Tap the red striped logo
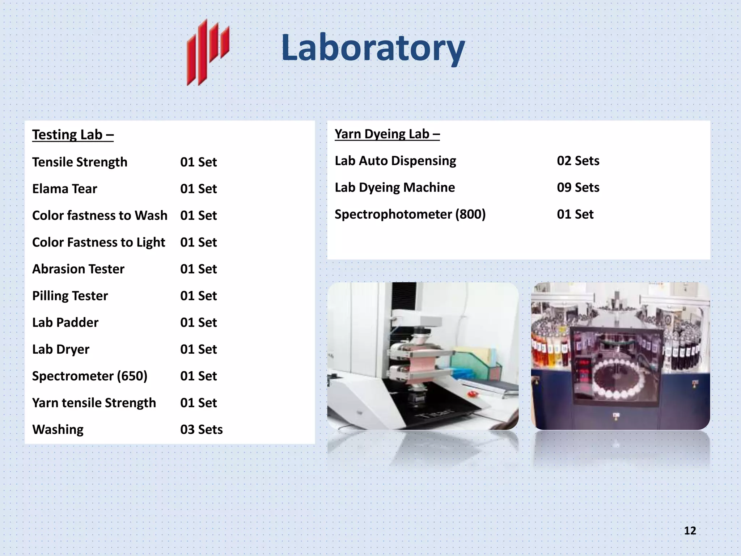(x=208, y=52)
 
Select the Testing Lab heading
(x=73, y=135)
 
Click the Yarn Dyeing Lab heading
(x=387, y=134)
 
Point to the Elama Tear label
(x=64, y=189)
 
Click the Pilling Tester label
(x=70, y=296)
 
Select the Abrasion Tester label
(x=78, y=269)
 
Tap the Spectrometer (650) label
(x=90, y=376)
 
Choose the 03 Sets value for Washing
(x=201, y=429)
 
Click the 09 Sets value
(x=578, y=188)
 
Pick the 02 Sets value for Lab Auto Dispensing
(x=578, y=161)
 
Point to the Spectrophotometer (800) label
(x=410, y=214)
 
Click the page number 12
(x=690, y=531)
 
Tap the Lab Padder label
(x=65, y=323)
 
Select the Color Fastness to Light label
(x=98, y=242)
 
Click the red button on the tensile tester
(x=471, y=393)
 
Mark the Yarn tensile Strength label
(x=94, y=403)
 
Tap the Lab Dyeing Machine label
(x=394, y=188)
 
